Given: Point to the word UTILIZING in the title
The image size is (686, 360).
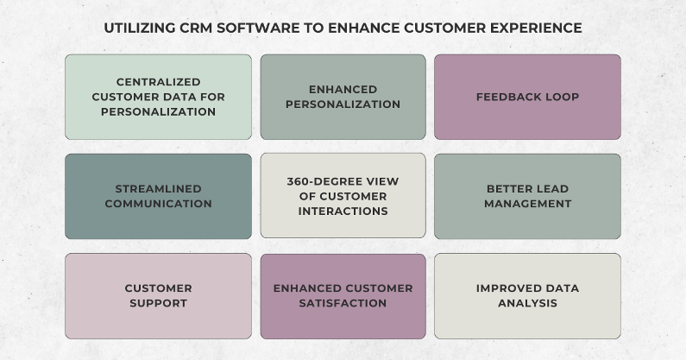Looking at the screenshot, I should click(139, 28).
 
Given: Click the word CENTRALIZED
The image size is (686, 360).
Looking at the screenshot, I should click(158, 83).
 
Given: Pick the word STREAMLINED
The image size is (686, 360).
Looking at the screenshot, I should click(158, 189).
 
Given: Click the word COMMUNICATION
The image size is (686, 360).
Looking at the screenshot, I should click(158, 204).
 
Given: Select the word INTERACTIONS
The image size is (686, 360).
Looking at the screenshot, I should click(343, 211).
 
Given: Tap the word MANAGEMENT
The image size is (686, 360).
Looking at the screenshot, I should click(527, 204).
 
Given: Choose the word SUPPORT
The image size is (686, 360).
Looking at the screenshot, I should click(158, 303).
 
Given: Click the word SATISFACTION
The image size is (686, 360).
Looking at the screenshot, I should click(343, 303).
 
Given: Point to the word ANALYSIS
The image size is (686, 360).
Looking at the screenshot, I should click(527, 303).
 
